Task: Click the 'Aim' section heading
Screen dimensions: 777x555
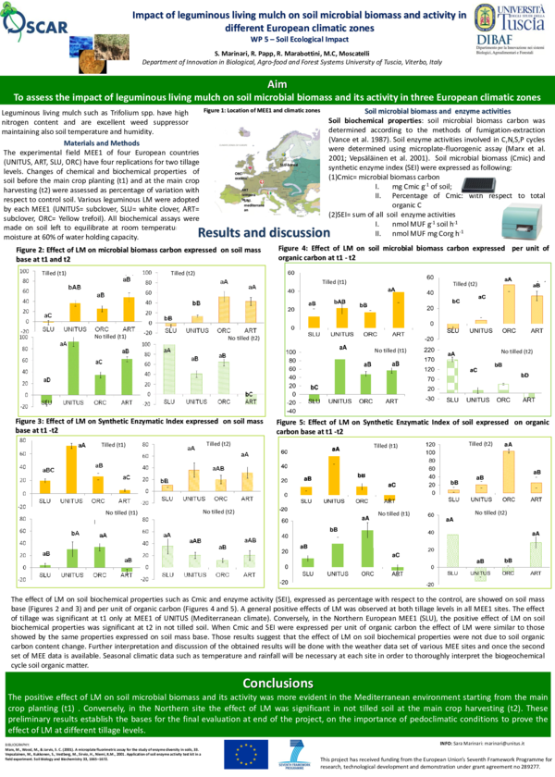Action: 277,83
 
